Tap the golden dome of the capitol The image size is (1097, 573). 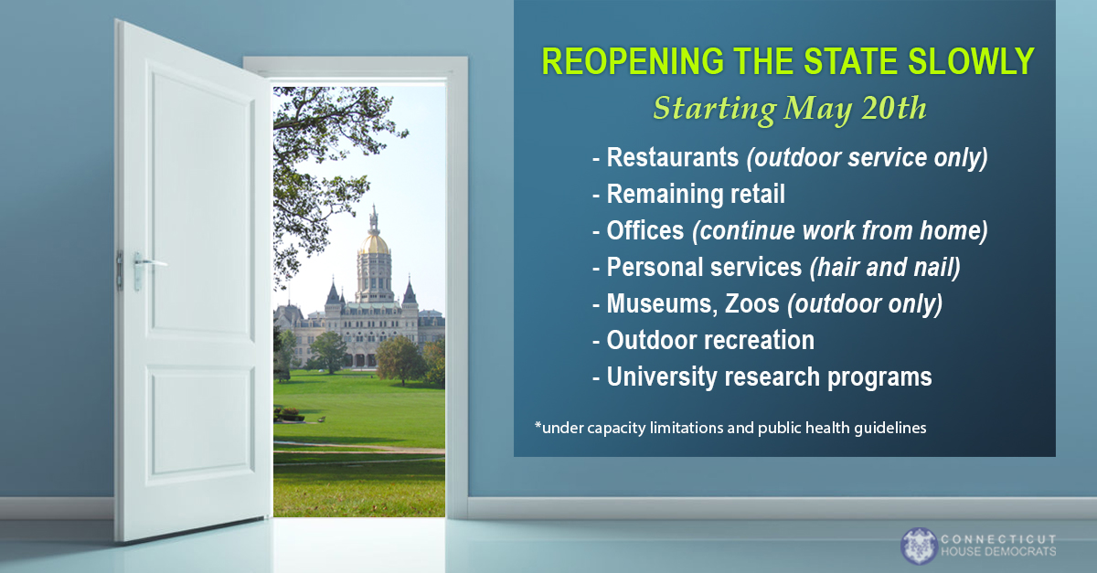click(x=375, y=243)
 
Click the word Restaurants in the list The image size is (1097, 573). click(x=673, y=158)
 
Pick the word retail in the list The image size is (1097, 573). click(x=758, y=194)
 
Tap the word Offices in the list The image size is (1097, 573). click(x=645, y=230)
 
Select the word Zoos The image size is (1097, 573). click(x=751, y=304)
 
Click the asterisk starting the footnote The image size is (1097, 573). click(x=538, y=424)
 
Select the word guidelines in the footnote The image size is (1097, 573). click(x=889, y=429)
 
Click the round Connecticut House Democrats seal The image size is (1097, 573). click(x=919, y=546)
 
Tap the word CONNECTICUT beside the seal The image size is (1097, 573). click(x=998, y=539)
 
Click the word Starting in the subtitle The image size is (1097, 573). click(x=715, y=108)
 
